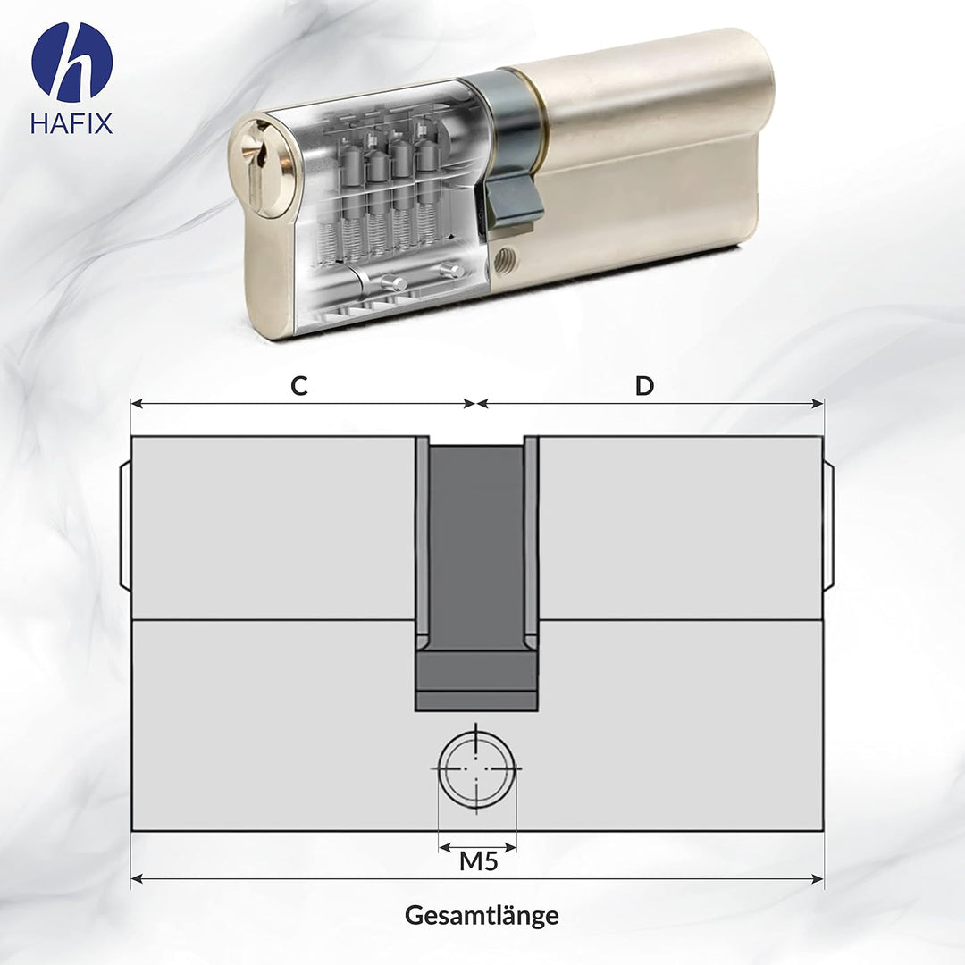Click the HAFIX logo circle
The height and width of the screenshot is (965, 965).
[71, 62]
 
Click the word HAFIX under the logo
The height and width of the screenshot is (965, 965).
[71, 123]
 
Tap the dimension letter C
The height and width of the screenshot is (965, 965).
[299, 386]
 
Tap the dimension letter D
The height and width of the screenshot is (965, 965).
[644, 386]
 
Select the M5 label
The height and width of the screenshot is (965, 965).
[477, 862]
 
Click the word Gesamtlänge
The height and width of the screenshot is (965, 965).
[482, 916]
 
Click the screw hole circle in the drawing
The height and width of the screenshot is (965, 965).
[477, 768]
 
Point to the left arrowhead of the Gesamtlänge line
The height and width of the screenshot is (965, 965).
[137, 879]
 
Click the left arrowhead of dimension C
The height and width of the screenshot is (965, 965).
[137, 404]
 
